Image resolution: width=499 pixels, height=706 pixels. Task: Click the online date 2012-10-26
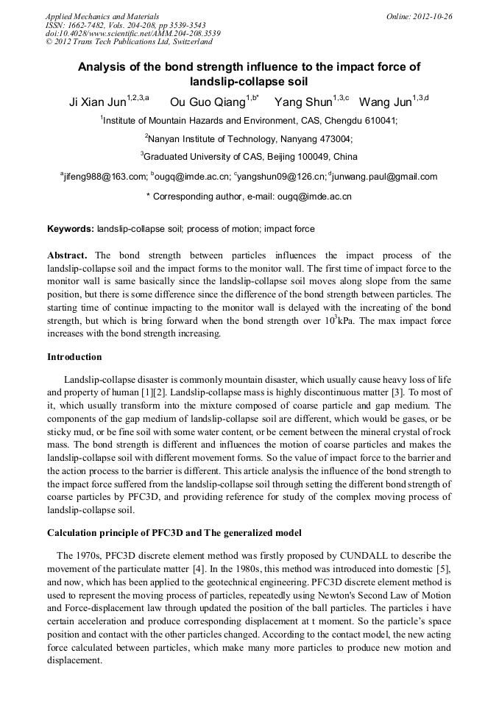point(432,15)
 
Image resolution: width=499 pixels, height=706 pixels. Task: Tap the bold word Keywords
point(71,229)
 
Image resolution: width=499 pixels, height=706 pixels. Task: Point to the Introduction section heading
point(74,357)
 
